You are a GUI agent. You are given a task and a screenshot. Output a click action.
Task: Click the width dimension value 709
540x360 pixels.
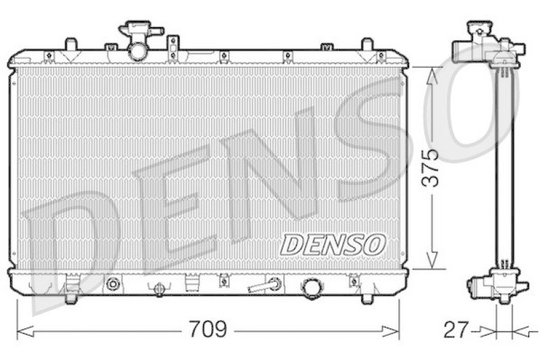pos(208,330)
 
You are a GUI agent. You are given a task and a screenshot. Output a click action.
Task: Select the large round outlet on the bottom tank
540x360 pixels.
pos(313,288)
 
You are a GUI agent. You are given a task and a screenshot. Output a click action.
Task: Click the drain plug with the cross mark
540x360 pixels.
pos(159,289)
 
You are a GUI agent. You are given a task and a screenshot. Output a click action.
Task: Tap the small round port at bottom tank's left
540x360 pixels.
pos(113,284)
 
